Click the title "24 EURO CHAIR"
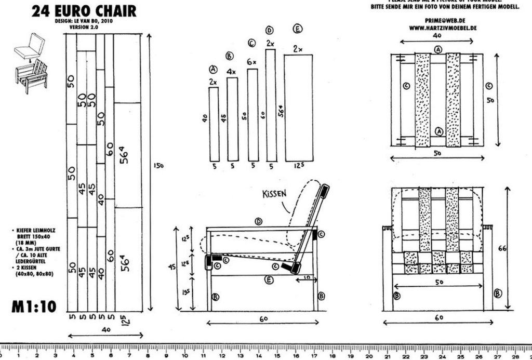[x=84, y=11]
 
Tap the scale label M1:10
[x=33, y=306]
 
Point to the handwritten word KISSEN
[x=274, y=193]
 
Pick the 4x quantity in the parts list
[x=232, y=71]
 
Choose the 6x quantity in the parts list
[x=252, y=62]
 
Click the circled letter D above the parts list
[x=269, y=30]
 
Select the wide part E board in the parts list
[x=298, y=108]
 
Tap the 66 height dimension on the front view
[x=516, y=249]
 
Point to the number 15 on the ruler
[x=276, y=355]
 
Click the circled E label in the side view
[x=268, y=281]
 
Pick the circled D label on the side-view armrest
[x=258, y=221]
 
